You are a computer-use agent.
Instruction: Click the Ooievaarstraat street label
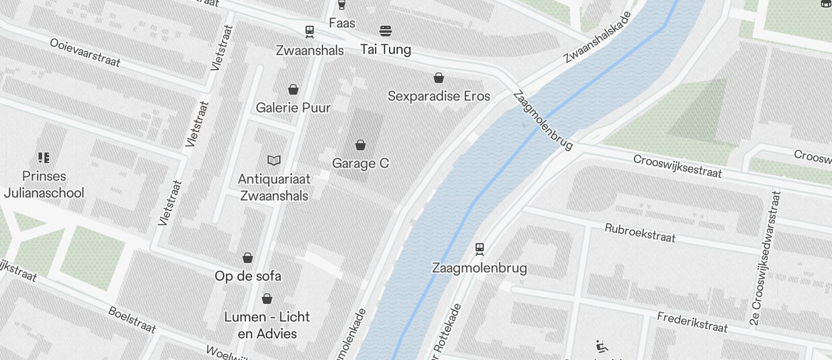85,53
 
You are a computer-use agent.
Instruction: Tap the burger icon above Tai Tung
385,30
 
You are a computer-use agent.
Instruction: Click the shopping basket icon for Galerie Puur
293,89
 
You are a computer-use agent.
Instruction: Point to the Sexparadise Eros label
439,96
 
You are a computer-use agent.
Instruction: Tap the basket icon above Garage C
360,144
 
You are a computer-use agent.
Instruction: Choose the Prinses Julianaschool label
44,184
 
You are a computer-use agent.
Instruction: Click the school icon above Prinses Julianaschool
43,157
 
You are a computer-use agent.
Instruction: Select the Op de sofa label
248,276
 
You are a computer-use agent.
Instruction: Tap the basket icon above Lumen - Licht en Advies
267,299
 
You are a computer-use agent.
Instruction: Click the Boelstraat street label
132,319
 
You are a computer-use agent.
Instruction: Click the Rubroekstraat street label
640,233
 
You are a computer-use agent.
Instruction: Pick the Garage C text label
360,163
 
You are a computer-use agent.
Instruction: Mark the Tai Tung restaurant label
386,49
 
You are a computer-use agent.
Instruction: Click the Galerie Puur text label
293,108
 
